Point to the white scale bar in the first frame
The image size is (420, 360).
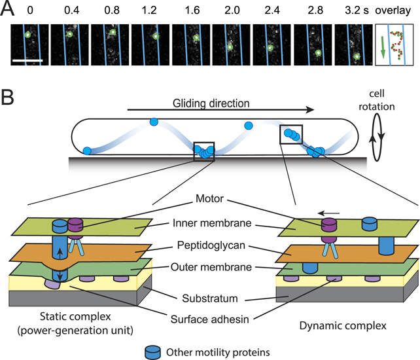[27, 60]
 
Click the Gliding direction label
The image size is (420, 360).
[205, 103]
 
